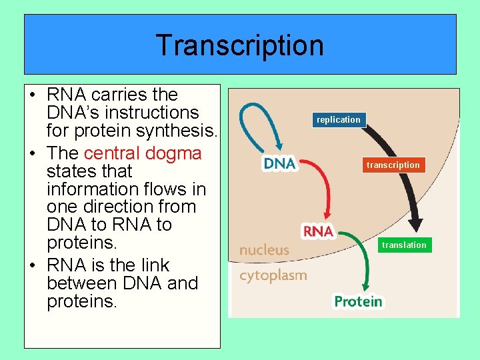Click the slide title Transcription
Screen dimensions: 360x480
(240, 45)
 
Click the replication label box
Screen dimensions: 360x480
(338, 120)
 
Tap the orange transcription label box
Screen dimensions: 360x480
(393, 165)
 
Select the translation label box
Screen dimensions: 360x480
(404, 245)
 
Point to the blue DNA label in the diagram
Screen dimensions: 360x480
(279, 164)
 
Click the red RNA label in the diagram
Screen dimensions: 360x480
(318, 231)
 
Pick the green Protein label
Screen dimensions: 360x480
(359, 302)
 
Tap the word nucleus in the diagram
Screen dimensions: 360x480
(264, 251)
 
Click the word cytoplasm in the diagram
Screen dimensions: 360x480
(273, 275)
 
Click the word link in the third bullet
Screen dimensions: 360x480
(155, 265)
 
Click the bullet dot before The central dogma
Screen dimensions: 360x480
(34, 153)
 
